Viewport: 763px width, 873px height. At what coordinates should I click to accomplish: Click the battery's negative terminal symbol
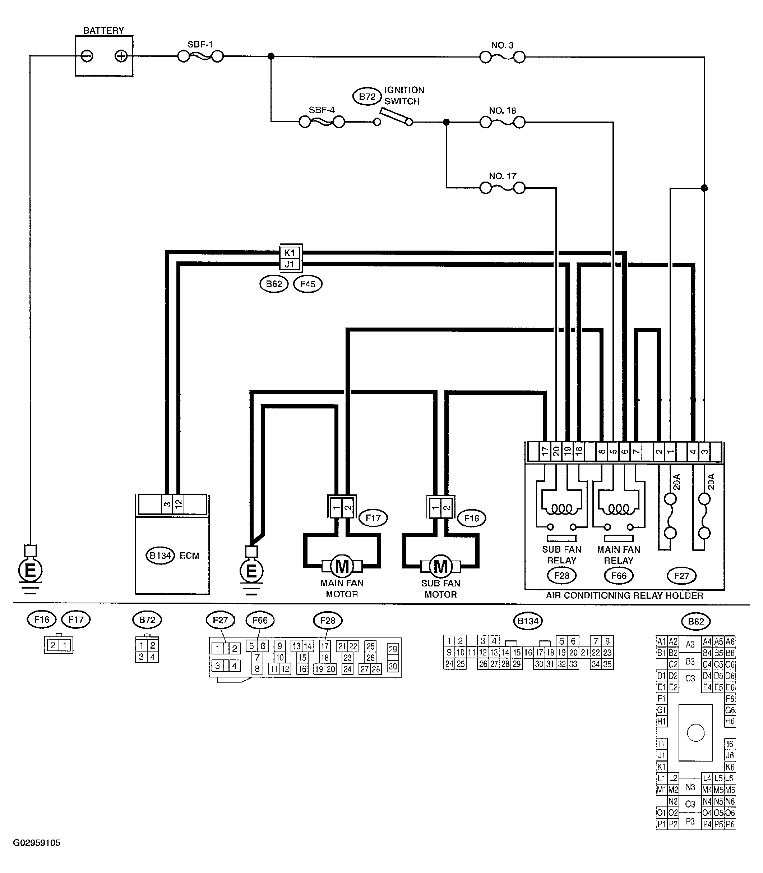[x=87, y=56]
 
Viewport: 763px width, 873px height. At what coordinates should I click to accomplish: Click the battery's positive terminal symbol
[x=121, y=56]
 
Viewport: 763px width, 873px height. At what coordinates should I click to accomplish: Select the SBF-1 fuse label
[x=200, y=44]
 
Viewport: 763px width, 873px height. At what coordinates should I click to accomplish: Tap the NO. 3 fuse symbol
[x=503, y=57]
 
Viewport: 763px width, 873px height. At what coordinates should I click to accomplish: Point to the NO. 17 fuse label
[x=503, y=176]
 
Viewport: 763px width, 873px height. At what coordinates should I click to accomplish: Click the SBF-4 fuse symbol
[x=322, y=122]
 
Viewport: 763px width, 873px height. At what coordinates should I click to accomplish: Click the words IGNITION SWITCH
[x=404, y=95]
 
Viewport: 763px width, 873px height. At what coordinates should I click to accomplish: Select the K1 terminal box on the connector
[x=290, y=253]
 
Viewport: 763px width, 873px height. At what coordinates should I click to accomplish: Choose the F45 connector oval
[x=308, y=284]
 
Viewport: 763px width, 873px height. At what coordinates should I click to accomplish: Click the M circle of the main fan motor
[x=342, y=566]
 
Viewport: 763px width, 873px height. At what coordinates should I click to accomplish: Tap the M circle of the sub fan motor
[x=441, y=566]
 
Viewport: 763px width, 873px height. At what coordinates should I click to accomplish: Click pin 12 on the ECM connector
[x=179, y=504]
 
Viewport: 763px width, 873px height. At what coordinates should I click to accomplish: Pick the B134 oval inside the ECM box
[x=161, y=556]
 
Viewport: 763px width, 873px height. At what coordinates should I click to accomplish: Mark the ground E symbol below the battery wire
[x=30, y=570]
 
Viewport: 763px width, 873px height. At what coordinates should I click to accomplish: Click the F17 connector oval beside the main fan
[x=373, y=518]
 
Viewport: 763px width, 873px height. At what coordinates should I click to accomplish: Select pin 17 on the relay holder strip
[x=545, y=452]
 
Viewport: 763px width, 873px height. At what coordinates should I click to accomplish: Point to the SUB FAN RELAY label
[x=561, y=555]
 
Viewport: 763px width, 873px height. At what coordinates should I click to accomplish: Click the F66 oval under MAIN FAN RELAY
[x=619, y=576]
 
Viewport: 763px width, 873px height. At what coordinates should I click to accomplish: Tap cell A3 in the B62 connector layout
[x=690, y=645]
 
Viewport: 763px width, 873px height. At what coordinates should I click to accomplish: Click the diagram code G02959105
[x=37, y=843]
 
